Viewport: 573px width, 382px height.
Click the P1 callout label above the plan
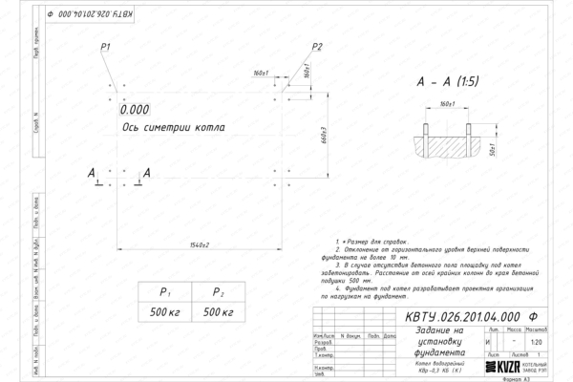(106, 47)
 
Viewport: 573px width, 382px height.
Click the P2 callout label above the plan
(317, 47)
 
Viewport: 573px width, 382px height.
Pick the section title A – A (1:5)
(448, 83)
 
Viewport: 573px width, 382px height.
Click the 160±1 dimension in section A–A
(447, 102)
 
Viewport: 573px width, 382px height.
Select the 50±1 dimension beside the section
(490, 149)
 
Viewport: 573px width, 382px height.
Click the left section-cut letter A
(92, 173)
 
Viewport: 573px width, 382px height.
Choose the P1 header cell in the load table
(163, 293)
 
